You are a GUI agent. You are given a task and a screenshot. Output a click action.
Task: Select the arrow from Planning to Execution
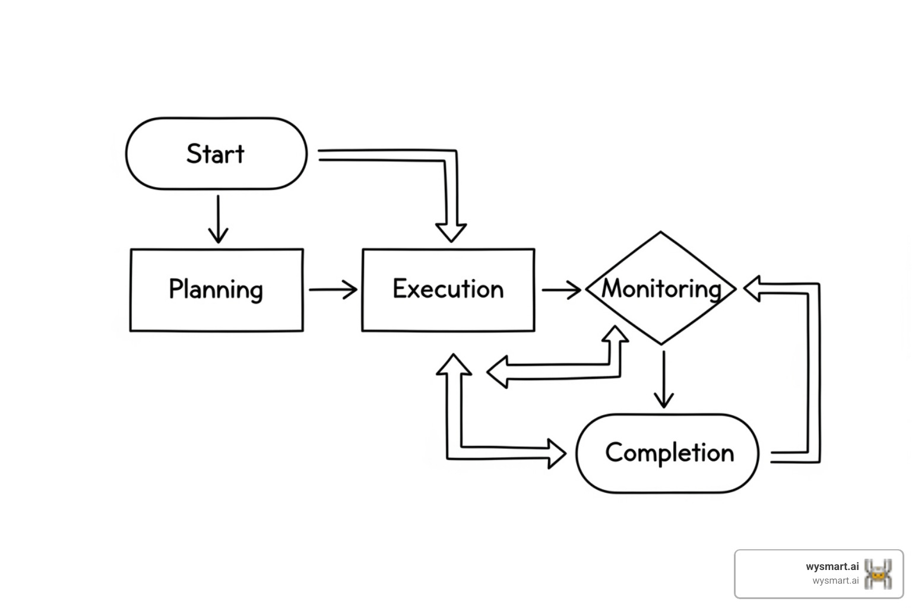(332, 290)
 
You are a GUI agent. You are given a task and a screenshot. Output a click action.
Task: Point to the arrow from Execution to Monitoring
(561, 290)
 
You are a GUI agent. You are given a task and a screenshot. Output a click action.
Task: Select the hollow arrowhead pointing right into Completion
(556, 454)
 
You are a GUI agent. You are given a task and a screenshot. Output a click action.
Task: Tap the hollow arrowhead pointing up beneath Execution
(454, 365)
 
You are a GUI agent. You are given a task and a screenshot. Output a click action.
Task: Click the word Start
(215, 154)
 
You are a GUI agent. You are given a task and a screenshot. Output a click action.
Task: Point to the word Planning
(216, 289)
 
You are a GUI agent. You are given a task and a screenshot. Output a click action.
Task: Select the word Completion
(669, 453)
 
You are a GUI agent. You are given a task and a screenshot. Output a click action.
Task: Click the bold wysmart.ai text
(832, 566)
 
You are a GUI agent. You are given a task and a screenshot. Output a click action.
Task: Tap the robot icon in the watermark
(878, 574)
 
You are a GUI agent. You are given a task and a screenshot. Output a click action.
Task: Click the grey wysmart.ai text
(835, 581)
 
